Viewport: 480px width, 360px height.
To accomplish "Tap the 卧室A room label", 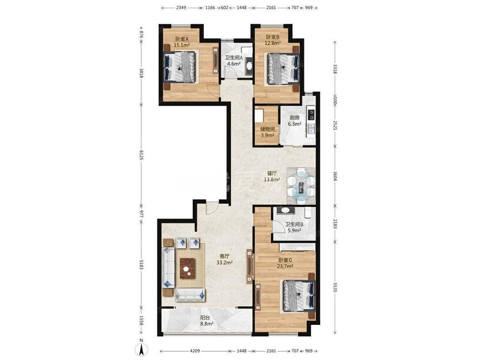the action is click(x=181, y=39).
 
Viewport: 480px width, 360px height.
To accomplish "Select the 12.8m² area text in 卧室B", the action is click(x=273, y=43).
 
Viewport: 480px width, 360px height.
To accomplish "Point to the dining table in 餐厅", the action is click(x=301, y=186).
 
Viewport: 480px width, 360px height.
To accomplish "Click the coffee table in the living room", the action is click(x=187, y=268).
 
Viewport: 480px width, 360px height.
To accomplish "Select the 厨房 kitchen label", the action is click(x=294, y=118).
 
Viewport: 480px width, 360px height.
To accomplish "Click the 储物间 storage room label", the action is click(x=267, y=129).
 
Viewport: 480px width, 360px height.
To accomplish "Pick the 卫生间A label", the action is click(x=234, y=58).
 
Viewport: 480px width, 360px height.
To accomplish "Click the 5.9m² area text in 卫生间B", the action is click(x=294, y=230).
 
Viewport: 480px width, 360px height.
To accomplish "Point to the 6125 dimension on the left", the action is click(x=141, y=155).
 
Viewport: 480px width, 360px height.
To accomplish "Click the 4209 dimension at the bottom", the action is click(x=195, y=351).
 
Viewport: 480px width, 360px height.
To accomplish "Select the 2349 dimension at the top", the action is click(x=181, y=8).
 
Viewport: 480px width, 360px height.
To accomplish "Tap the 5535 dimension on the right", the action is click(x=335, y=287).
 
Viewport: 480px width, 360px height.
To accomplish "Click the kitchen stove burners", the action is click(x=312, y=114).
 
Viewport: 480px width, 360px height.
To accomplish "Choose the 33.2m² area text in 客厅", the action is click(x=224, y=263).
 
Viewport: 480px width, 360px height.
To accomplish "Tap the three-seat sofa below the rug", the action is click(x=190, y=295).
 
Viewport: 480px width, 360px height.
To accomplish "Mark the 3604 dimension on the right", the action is click(x=335, y=177).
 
